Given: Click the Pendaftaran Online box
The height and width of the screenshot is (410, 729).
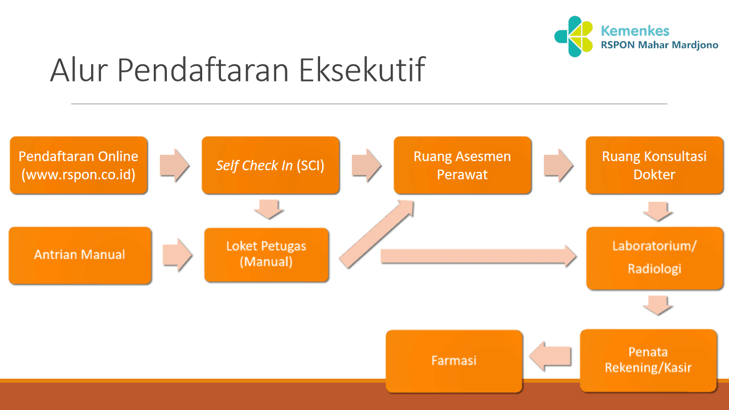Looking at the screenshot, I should click(79, 165).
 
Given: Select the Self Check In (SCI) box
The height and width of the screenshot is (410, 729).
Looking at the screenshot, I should click(270, 165).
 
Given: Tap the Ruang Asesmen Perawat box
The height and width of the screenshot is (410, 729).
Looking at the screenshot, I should click(462, 165).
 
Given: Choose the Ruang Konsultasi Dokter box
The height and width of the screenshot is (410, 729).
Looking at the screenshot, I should click(654, 165).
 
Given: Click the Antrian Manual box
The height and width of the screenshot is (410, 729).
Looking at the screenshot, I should click(80, 255).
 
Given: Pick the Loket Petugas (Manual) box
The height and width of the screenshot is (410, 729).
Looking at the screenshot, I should click(266, 255).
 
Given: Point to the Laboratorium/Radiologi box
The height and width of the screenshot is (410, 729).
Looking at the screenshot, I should click(654, 257).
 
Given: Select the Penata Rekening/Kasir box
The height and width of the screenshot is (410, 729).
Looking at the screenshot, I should click(648, 360).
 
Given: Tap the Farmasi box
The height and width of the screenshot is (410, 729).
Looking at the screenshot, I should click(454, 360).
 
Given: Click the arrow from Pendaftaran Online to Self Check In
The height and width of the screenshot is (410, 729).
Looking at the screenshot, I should click(174, 165).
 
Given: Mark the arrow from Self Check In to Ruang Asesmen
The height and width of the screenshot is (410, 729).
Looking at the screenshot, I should click(367, 165).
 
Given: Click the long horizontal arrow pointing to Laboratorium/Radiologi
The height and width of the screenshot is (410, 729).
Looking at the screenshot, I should click(478, 256).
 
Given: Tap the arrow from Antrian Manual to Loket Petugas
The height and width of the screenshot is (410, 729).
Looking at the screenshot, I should click(177, 255).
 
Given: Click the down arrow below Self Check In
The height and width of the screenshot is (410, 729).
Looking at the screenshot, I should click(268, 209).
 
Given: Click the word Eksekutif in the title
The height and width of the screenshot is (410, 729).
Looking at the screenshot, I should click(362, 69).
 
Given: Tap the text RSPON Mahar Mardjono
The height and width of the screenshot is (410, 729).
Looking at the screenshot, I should click(660, 46).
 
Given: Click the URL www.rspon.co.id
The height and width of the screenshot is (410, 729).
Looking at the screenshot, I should click(79, 174).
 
